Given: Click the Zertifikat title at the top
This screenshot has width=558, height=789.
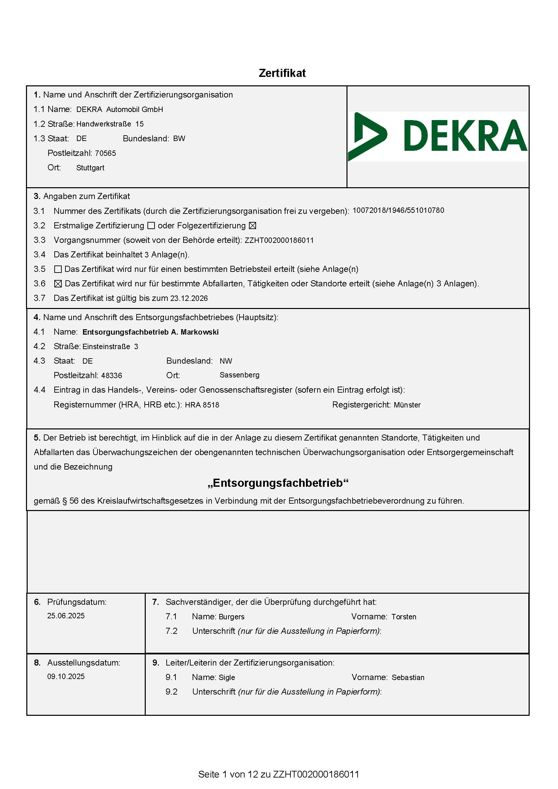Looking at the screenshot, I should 282,73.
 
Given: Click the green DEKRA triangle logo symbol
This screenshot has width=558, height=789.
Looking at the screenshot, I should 366,136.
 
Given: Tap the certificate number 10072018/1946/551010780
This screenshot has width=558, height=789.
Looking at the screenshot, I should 398,210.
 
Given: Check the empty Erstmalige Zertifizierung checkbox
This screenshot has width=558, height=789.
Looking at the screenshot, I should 151,226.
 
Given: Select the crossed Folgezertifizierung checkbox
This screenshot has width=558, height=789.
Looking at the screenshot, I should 252,226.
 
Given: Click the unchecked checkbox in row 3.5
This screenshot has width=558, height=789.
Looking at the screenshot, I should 58,269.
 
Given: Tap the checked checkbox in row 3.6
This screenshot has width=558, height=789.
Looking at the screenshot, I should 58,284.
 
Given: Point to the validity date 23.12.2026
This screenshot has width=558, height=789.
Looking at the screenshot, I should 189,298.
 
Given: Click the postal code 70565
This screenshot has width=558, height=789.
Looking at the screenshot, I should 106,153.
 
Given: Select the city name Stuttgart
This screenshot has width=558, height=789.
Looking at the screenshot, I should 90,168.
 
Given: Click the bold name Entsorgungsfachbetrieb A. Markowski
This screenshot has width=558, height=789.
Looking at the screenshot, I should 150,332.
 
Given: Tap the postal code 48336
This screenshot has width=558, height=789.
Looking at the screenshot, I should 112,375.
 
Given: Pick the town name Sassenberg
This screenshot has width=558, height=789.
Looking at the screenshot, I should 240,375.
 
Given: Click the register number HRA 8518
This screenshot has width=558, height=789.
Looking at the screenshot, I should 202,405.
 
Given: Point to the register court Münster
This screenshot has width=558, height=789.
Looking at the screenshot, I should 407,405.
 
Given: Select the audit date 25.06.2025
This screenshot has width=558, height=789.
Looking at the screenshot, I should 66,616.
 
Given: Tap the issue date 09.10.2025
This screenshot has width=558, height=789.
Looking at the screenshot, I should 66,676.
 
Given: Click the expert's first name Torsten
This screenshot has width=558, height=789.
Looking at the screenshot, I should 404,617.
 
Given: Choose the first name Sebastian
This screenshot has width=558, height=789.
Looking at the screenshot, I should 408,677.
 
